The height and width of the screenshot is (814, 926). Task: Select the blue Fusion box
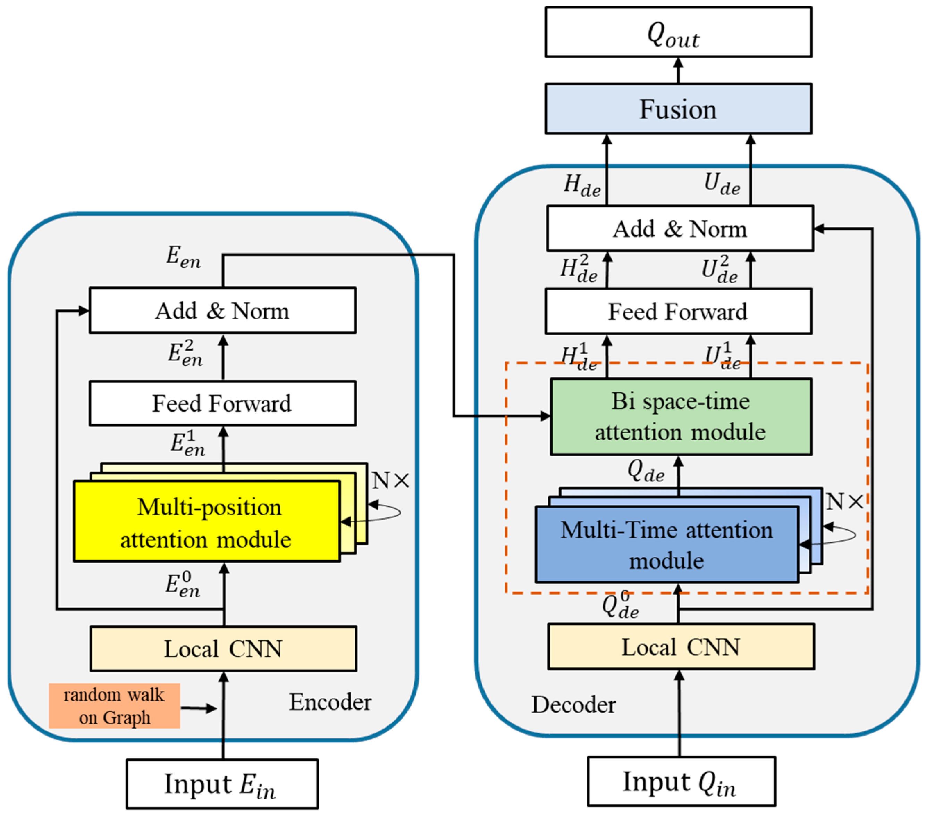tap(678, 109)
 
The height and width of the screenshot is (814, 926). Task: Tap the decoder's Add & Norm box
tap(680, 229)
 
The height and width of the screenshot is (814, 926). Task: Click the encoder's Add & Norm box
tap(222, 310)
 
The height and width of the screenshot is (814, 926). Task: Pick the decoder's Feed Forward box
tap(678, 312)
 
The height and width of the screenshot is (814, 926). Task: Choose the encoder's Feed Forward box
tap(222, 404)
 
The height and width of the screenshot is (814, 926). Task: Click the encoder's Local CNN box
tap(224, 649)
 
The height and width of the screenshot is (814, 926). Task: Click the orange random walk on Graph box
tap(115, 706)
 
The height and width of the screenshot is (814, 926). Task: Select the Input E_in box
tap(222, 784)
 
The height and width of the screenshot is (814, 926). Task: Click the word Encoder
tap(330, 702)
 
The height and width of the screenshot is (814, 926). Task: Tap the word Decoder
tap(573, 704)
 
